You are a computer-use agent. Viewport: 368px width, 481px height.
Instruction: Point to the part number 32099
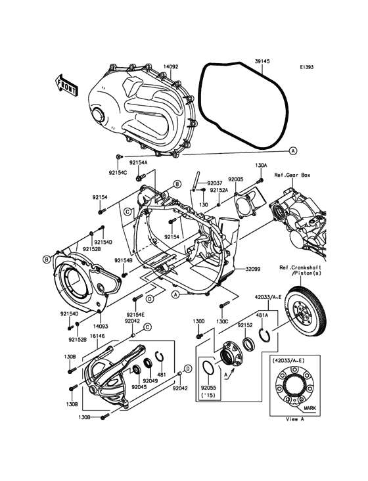click(x=254, y=269)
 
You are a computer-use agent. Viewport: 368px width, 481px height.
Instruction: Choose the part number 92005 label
click(x=236, y=179)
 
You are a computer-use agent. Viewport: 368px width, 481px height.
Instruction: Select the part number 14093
click(x=100, y=325)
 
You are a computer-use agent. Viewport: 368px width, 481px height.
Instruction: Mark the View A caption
click(x=292, y=419)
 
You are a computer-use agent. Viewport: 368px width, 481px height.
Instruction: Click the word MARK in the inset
click(x=310, y=408)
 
